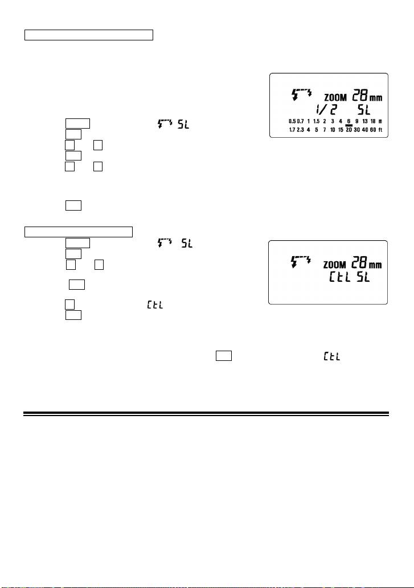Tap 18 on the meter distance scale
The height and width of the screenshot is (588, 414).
[x=372, y=122]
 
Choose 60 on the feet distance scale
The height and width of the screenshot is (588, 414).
[x=372, y=130]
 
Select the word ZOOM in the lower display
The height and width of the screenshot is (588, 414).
[x=337, y=265]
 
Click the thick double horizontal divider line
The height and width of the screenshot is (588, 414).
[x=206, y=413]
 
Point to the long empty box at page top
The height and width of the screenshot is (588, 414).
[x=89, y=36]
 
